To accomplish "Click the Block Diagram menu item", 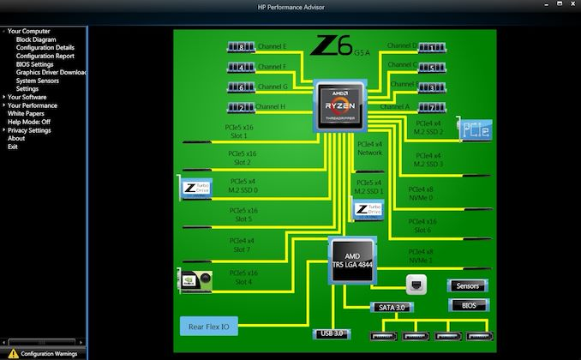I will tap(36, 39).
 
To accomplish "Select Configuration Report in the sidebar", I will tap(45, 56).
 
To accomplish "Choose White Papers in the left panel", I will tap(26, 113).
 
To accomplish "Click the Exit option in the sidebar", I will tap(13, 147).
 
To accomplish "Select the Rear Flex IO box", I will tap(209, 327).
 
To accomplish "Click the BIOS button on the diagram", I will tap(468, 305).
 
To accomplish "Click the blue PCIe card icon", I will tap(474, 129).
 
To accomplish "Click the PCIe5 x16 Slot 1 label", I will tap(239, 131).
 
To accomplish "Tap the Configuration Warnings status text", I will tap(49, 353).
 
